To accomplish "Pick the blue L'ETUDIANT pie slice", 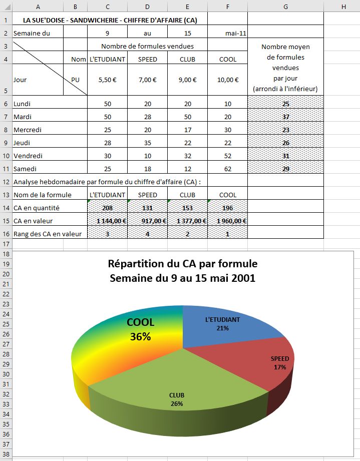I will coord(225,325).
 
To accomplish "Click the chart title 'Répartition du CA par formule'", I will coord(183,264).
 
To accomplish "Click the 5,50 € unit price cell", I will coord(107,80).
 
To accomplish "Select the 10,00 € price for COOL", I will coord(228,80).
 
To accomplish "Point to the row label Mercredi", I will coord(28,130).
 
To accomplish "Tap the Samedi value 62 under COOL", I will coord(228,169).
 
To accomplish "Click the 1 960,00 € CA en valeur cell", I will coord(228,221).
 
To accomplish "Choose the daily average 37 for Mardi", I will coord(285,117).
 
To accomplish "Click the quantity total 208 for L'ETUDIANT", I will coord(107,208).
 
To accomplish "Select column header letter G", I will coord(285,6).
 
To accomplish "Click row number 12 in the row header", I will coord(6,182).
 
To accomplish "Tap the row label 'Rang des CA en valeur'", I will coord(49,234).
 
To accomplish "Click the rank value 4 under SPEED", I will coord(147,234).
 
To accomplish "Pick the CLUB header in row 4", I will coord(187,59).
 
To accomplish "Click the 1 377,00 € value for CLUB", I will coord(187,221).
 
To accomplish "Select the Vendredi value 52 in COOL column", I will coord(228,156).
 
